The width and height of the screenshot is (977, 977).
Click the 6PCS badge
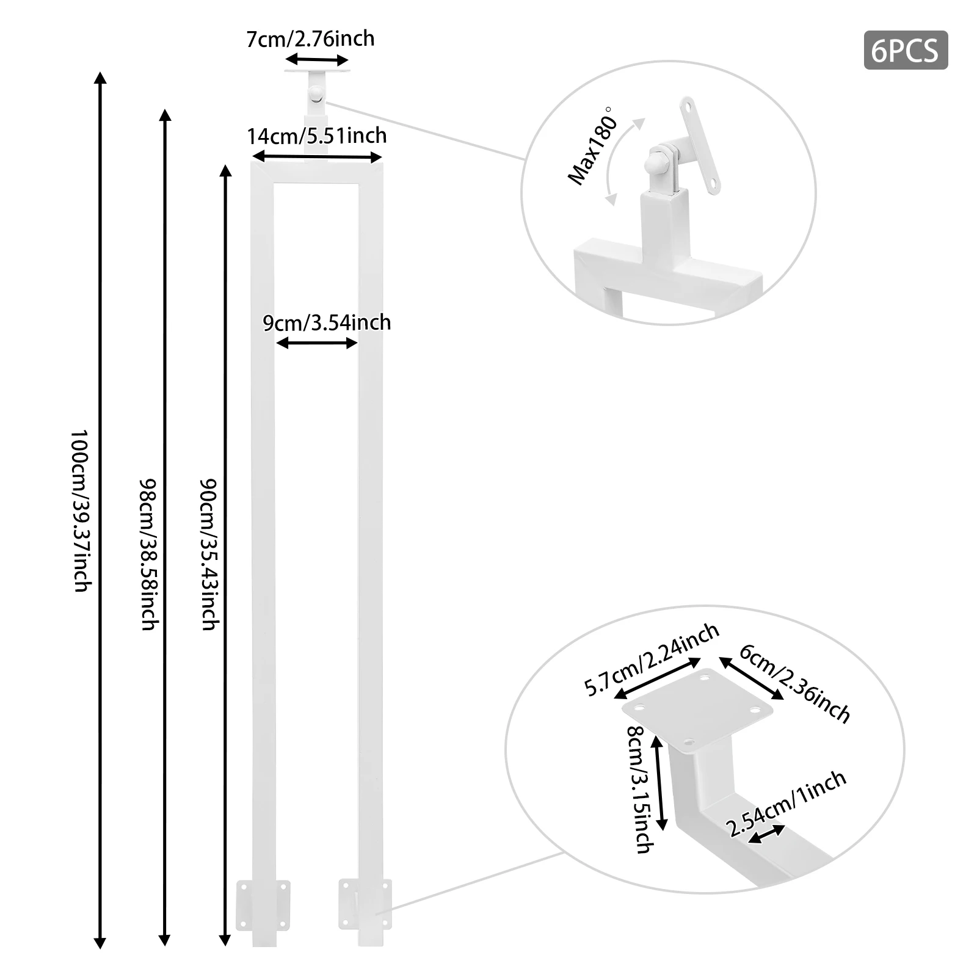click(x=905, y=50)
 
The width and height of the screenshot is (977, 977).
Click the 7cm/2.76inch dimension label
click(x=310, y=38)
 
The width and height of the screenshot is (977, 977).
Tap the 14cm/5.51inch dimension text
click(x=316, y=136)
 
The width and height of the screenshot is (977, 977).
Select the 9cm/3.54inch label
click(x=327, y=322)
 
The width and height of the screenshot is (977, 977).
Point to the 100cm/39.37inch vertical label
click(x=81, y=510)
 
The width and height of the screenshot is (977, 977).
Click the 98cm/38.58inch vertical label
click(x=148, y=553)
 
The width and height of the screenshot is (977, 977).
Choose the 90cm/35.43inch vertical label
click(x=209, y=553)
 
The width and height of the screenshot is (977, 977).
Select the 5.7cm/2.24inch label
click(x=652, y=659)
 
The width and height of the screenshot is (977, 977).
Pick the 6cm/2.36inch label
click(x=794, y=683)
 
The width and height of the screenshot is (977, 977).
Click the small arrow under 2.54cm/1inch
click(x=767, y=834)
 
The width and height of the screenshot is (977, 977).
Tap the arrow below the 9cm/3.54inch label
click(x=316, y=343)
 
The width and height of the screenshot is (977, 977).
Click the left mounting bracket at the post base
click(x=263, y=905)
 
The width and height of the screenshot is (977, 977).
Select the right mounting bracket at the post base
click(x=365, y=904)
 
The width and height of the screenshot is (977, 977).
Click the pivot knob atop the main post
click(x=316, y=93)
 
